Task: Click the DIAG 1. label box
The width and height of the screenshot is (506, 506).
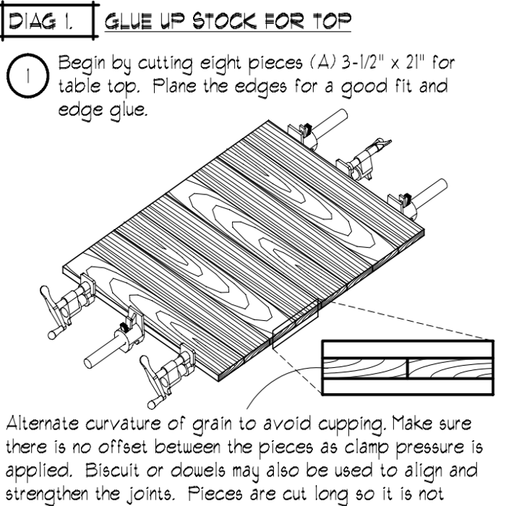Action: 48,22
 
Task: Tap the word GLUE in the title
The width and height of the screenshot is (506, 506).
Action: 128,21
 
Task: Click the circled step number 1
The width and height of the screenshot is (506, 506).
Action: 27,76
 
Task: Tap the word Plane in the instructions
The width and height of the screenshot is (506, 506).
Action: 174,86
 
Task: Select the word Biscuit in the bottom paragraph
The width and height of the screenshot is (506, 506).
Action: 112,471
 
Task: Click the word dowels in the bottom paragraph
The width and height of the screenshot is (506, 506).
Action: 198,471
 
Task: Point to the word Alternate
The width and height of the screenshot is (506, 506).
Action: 43,423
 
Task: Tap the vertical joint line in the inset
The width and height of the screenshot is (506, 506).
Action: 408,368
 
